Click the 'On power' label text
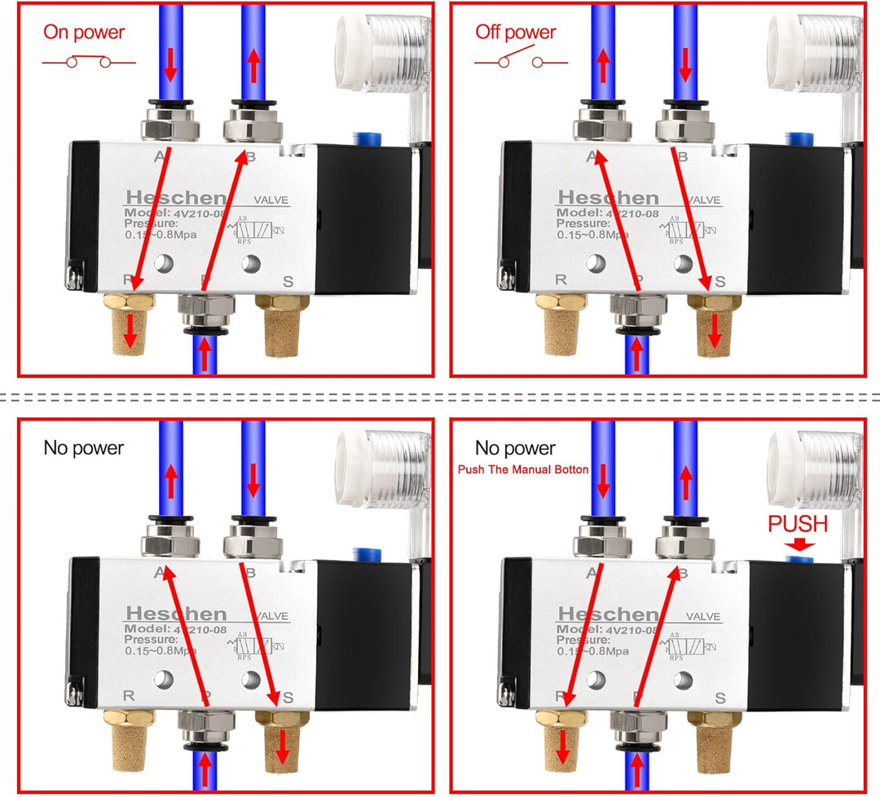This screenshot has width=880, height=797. point(84,33)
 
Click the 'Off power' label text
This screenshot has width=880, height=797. point(515,33)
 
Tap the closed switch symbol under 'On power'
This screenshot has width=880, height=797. point(88,62)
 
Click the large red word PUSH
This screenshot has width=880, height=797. point(798,524)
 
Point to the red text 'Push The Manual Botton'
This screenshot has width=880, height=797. point(522,469)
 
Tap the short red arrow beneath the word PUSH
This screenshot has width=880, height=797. point(797,544)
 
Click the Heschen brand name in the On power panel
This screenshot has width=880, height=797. point(175,198)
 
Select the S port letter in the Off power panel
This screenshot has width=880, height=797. point(719,282)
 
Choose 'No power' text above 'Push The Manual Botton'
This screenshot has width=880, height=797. point(515,448)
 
